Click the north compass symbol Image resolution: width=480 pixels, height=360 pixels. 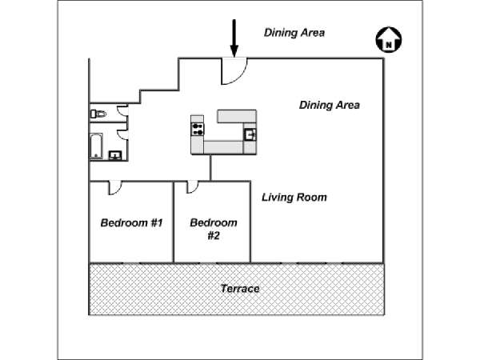[x=389, y=39]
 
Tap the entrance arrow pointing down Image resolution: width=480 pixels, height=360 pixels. [x=234, y=38]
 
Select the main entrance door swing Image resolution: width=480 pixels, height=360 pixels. [x=234, y=71]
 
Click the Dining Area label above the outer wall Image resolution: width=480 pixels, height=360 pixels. [x=294, y=33]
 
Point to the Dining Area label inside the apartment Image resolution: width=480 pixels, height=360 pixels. [x=329, y=105]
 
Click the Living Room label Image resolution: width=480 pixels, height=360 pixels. [x=294, y=197]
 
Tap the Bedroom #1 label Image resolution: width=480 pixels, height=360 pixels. [x=132, y=222]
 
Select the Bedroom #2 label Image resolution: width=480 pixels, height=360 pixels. [x=214, y=229]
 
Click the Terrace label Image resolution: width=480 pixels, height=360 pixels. [x=240, y=288]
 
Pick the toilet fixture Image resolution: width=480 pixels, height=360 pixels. [x=98, y=114]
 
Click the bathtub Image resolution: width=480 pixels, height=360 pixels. [x=96, y=146]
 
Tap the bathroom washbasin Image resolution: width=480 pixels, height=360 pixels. [x=115, y=155]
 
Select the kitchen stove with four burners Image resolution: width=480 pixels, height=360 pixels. [x=198, y=129]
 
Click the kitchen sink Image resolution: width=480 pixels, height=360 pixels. [x=250, y=134]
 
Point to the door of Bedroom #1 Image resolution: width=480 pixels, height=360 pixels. [x=115, y=188]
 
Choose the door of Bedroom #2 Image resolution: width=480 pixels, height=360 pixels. [x=192, y=187]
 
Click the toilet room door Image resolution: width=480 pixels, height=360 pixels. [x=122, y=110]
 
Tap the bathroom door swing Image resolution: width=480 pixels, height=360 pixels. [x=122, y=134]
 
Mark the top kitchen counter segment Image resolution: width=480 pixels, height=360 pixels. [x=237, y=116]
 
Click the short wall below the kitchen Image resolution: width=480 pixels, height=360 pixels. [x=210, y=168]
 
